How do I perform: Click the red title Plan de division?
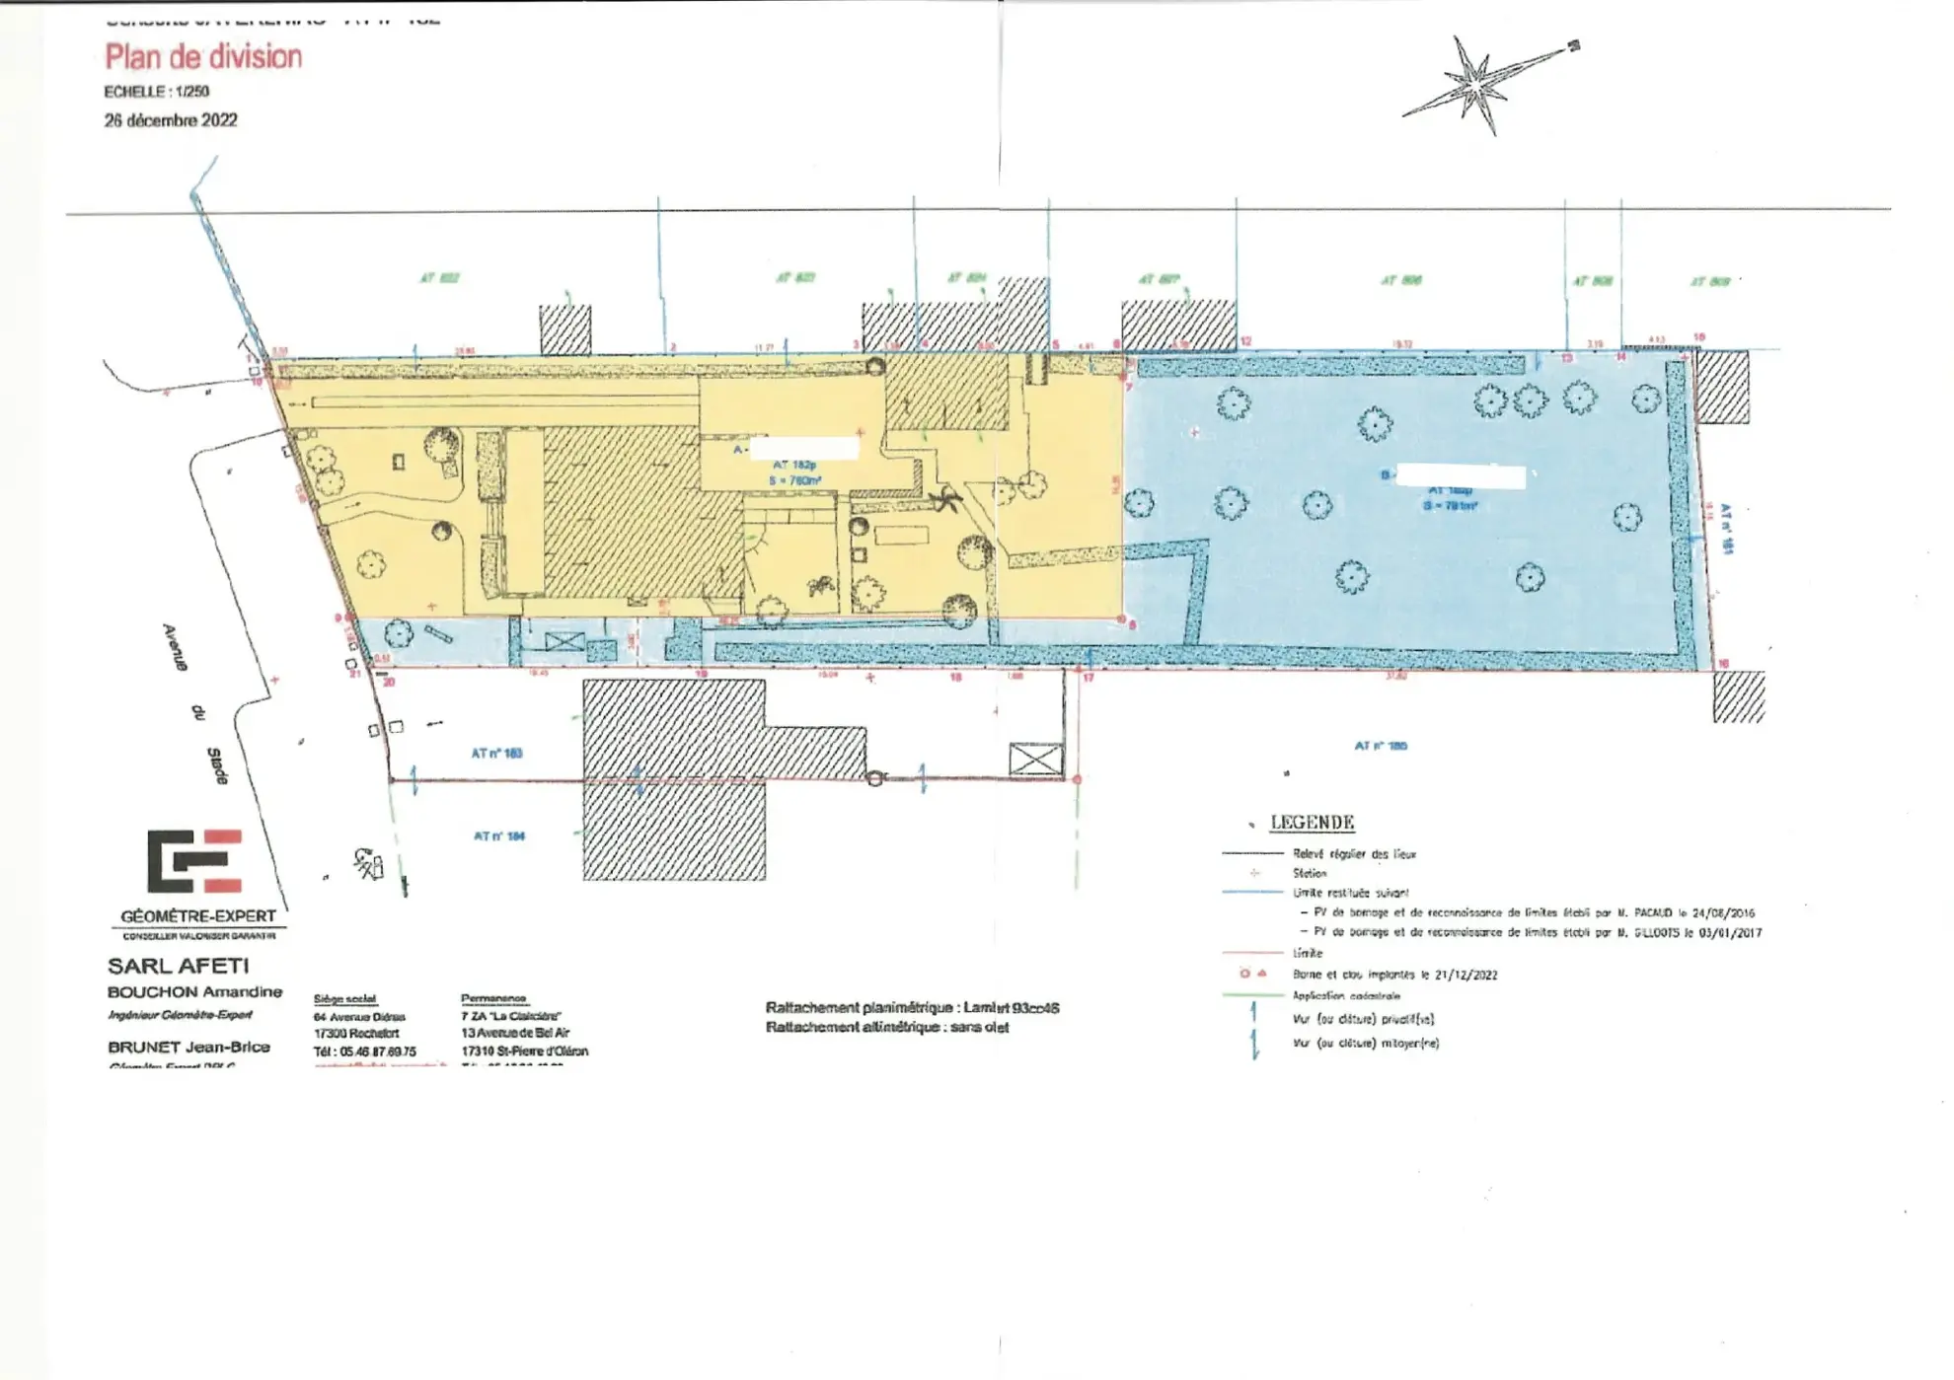coord(203,57)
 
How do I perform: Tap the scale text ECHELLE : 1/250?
coord(156,92)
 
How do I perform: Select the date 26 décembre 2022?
coord(171,120)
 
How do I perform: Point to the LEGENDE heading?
coord(1312,823)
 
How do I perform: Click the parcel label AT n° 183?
coord(496,754)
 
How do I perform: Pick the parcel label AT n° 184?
coord(499,836)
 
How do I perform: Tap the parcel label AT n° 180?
coord(1381,746)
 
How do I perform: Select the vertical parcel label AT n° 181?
coord(1726,529)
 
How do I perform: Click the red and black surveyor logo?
coord(194,860)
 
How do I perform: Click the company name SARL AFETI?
coord(178,967)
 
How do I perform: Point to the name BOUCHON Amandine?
coord(194,992)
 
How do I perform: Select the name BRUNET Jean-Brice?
coord(188,1048)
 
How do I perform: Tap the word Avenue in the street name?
coord(175,647)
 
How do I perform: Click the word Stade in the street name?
coord(217,766)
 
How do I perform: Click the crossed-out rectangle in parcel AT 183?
coord(1035,759)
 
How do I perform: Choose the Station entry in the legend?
coord(1310,873)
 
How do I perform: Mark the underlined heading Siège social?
coord(345,999)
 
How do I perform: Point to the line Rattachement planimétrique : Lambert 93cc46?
coord(912,1008)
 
